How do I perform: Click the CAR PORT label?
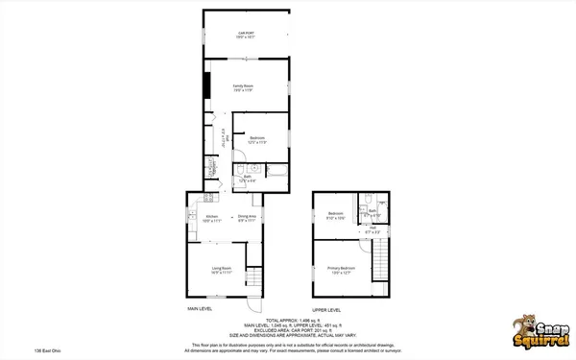(246, 35)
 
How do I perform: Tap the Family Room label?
(242, 87)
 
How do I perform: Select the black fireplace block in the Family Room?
(204, 86)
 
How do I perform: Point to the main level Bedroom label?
(256, 139)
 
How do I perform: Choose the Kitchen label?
(212, 218)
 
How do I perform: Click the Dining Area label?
(246, 218)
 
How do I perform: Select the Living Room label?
(222, 269)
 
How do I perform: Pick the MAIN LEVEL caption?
(200, 309)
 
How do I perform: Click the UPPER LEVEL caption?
(327, 310)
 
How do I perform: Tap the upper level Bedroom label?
(336, 214)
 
